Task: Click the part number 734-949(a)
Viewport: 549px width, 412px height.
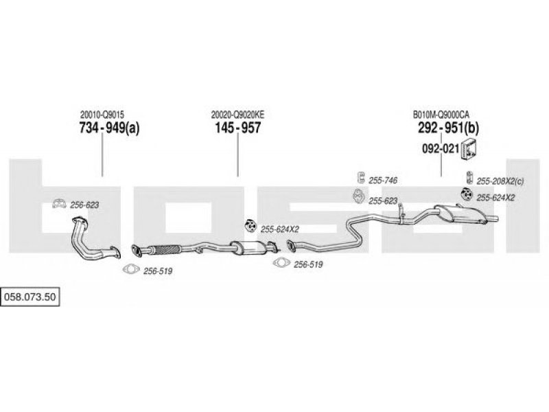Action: (109, 128)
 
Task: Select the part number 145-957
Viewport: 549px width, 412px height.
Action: (237, 128)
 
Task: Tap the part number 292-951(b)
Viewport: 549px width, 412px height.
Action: (448, 128)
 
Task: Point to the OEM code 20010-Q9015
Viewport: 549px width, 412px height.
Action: (102, 115)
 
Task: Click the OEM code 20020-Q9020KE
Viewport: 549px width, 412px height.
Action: (237, 115)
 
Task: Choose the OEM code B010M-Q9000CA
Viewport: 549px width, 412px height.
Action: (441, 115)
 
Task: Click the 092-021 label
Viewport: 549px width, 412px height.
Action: (441, 148)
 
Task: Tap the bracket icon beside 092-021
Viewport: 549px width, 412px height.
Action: (469, 148)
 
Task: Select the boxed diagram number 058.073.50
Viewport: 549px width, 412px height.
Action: (30, 297)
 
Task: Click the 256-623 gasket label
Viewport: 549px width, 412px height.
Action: (84, 205)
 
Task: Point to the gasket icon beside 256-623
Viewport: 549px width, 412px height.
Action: (59, 203)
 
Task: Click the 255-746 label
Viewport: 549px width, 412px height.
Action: (383, 181)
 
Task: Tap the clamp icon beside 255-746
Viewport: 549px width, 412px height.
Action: (360, 178)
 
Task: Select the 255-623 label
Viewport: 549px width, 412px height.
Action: (383, 201)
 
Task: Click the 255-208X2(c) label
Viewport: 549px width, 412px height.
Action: (500, 181)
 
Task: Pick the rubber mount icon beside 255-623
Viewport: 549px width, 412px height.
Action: (358, 196)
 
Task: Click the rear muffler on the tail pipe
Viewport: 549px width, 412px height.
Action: (460, 213)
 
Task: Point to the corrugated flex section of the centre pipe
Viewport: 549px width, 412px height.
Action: (165, 250)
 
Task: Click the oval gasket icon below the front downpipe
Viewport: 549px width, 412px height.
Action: (131, 269)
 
